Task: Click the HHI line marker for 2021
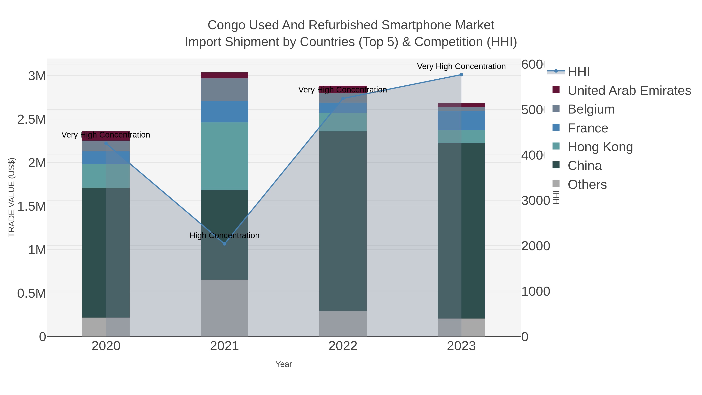[x=225, y=244]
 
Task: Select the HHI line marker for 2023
[x=461, y=75]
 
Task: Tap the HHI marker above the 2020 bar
[x=106, y=143]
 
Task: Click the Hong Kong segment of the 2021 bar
[x=225, y=156]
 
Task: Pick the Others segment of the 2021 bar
[x=225, y=308]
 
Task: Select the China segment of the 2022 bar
[x=343, y=221]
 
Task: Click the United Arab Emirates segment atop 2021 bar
[x=225, y=75]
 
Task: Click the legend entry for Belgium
[x=591, y=109]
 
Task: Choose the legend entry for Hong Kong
[x=600, y=147]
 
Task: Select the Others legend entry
[x=587, y=185]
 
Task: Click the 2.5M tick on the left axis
[x=32, y=119]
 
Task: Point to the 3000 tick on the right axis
[x=535, y=201]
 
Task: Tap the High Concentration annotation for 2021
[x=225, y=235]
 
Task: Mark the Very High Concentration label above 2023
[x=461, y=66]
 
